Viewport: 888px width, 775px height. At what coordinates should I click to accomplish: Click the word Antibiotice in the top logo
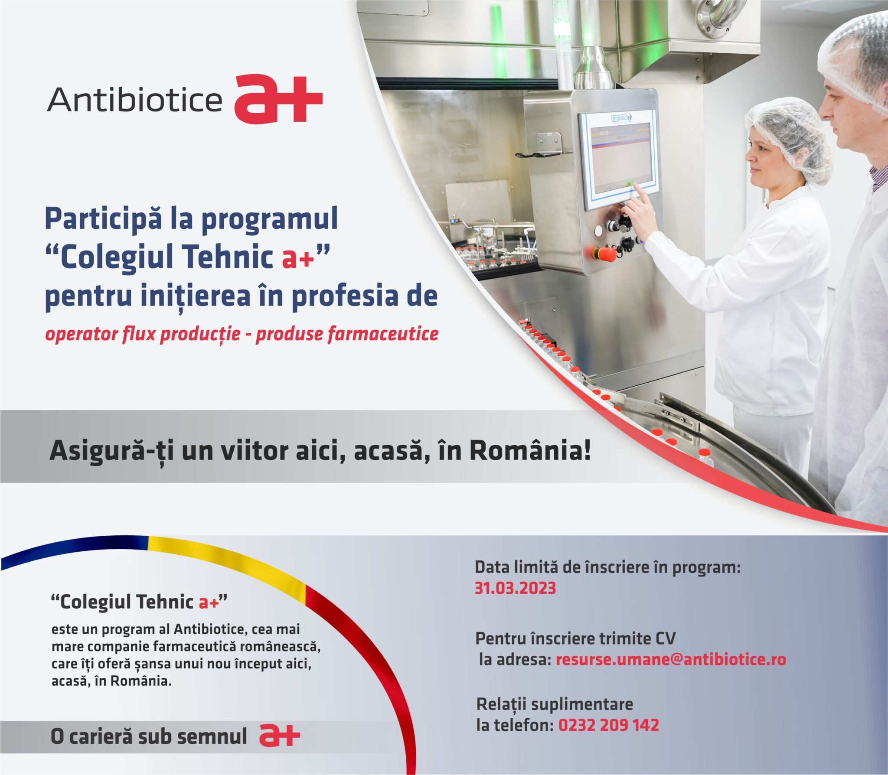click(134, 100)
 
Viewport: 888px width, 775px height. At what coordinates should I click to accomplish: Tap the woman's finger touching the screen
click(638, 191)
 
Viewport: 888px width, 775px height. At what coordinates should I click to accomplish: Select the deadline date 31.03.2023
click(515, 588)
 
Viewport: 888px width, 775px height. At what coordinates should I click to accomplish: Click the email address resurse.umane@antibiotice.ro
click(671, 659)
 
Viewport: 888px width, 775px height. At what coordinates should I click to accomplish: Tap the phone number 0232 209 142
click(608, 725)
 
